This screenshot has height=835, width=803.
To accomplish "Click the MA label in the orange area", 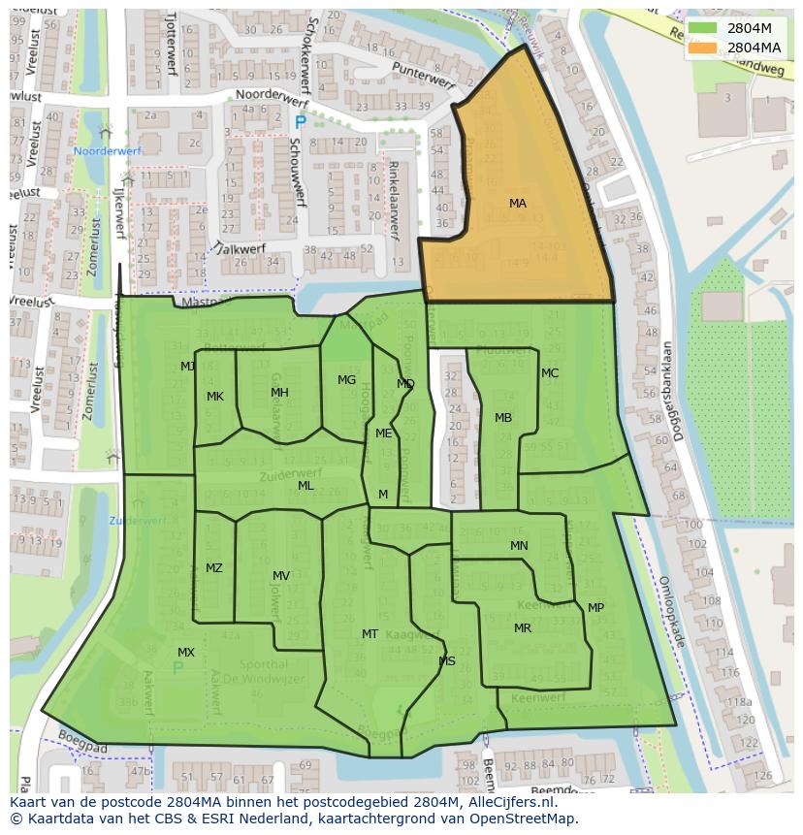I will pyautogui.click(x=518, y=204).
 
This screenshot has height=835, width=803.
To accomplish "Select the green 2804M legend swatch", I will pyautogui.click(x=704, y=28).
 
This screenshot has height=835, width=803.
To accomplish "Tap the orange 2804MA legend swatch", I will pyautogui.click(x=704, y=48).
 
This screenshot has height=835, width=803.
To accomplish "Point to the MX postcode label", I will pyautogui.click(x=186, y=653).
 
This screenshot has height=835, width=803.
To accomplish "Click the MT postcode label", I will pyautogui.click(x=369, y=634).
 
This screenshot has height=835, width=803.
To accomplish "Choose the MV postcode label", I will pyautogui.click(x=281, y=576).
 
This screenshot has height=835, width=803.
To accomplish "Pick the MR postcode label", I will pyautogui.click(x=523, y=628).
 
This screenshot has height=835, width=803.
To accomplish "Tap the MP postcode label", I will pyautogui.click(x=595, y=608).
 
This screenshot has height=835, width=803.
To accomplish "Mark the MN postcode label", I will pyautogui.click(x=519, y=546).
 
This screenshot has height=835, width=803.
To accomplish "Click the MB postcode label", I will pyautogui.click(x=503, y=418).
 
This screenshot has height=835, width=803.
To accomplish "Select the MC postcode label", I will pyautogui.click(x=550, y=373).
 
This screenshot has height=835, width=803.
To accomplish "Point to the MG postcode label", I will pyautogui.click(x=346, y=380).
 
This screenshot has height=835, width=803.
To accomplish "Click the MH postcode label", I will pyautogui.click(x=279, y=393).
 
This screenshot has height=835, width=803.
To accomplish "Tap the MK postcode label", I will pyautogui.click(x=215, y=397).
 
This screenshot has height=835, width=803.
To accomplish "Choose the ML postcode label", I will pyautogui.click(x=305, y=486).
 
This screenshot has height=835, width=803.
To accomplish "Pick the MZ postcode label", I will pyautogui.click(x=214, y=568).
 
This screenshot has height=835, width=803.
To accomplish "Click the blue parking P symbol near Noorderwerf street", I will pyautogui.click(x=300, y=122).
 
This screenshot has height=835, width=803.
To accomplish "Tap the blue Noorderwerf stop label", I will pyautogui.click(x=108, y=152).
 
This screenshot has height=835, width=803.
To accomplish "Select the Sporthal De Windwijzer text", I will pyautogui.click(x=262, y=672).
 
